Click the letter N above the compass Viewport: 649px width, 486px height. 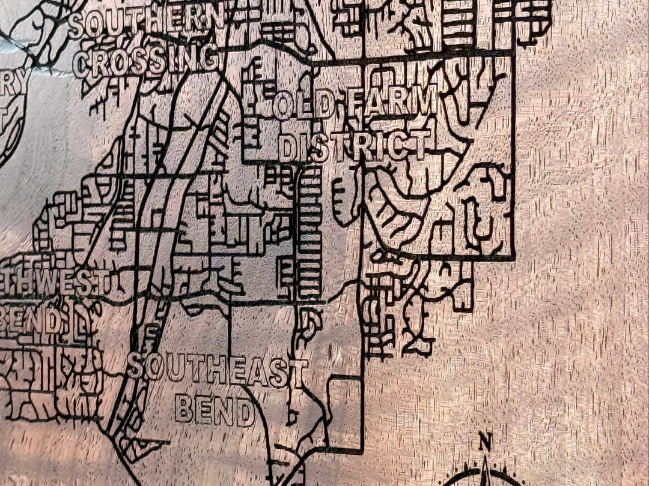[485, 441]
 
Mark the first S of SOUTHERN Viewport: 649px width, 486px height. [78, 26]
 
